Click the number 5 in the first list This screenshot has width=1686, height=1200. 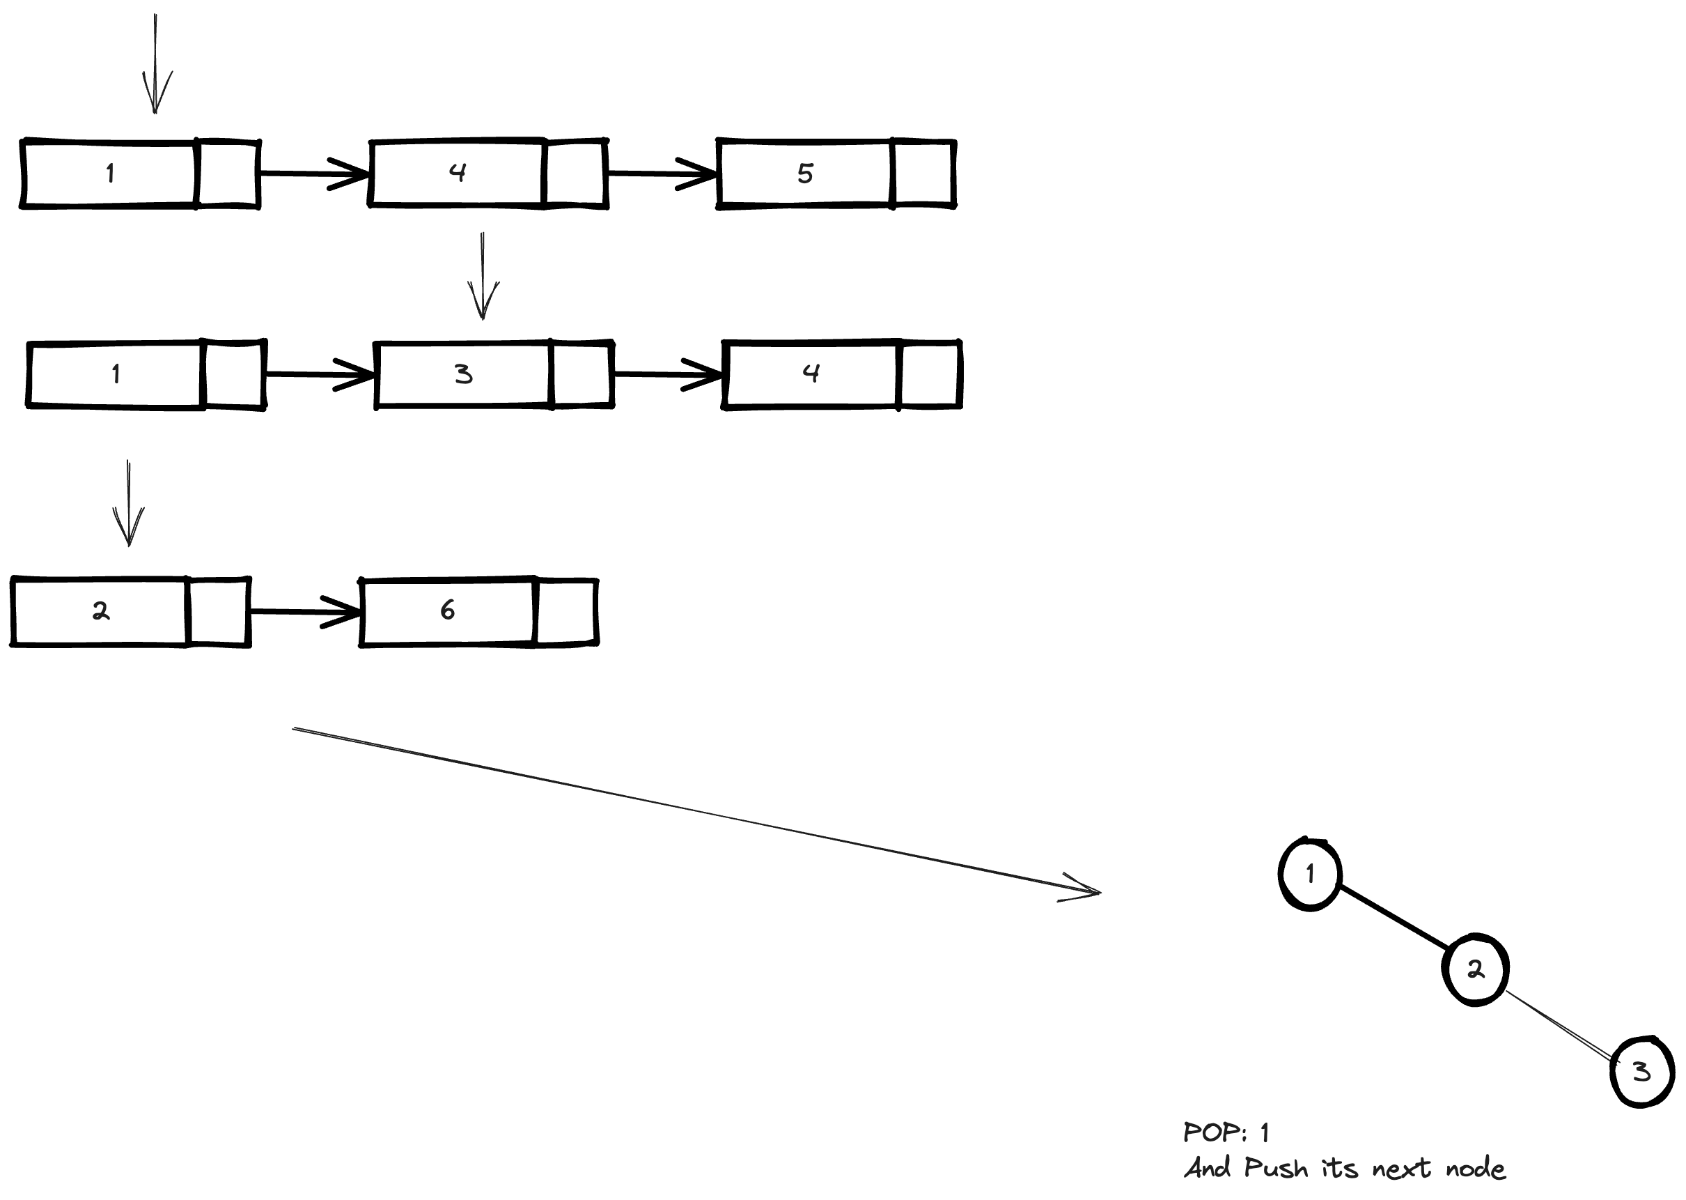805,174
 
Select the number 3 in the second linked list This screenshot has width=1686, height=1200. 463,374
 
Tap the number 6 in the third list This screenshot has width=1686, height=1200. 448,610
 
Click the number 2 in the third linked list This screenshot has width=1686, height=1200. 100,611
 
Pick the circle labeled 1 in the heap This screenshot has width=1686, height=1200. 1309,874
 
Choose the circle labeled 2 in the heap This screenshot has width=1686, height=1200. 1475,969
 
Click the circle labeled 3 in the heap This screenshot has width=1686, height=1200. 1641,1072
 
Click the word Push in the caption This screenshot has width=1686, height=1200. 1275,1168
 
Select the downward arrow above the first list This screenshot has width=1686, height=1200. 155,66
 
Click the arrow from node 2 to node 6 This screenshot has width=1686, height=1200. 304,612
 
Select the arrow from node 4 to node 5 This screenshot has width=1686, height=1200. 661,174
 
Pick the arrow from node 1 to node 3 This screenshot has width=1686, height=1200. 319,375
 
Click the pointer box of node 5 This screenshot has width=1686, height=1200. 923,174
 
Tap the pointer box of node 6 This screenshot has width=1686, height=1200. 565,612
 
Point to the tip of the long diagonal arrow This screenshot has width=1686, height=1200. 1099,893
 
